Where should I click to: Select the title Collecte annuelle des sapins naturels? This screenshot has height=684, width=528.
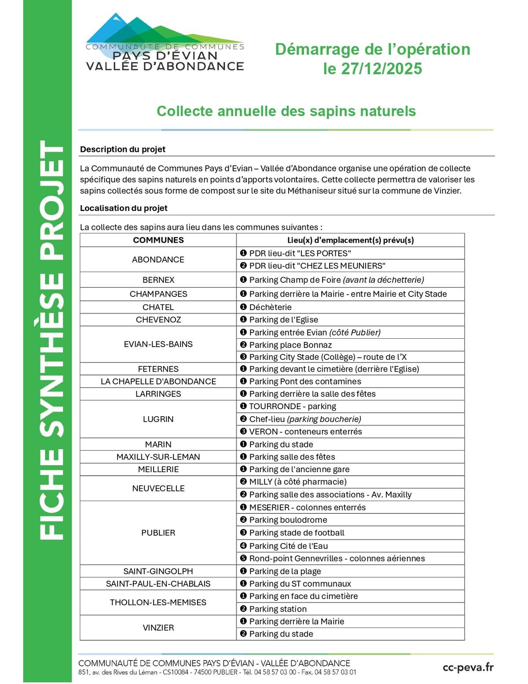point(286,111)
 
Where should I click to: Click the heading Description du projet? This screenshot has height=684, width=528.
point(123,149)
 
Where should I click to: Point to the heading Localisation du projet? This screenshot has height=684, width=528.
point(124,208)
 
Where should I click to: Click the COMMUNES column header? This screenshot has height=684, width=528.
point(158,240)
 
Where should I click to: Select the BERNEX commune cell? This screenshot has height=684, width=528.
point(158,280)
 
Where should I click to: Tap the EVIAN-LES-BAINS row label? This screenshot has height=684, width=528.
point(158,344)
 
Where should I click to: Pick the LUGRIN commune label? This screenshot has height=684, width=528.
point(158,419)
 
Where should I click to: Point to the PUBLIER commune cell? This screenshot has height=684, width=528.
point(158,532)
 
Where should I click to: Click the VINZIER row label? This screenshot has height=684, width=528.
point(158,627)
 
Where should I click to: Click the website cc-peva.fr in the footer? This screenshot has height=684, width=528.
point(468,667)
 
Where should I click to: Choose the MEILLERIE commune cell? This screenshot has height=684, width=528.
point(158,469)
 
